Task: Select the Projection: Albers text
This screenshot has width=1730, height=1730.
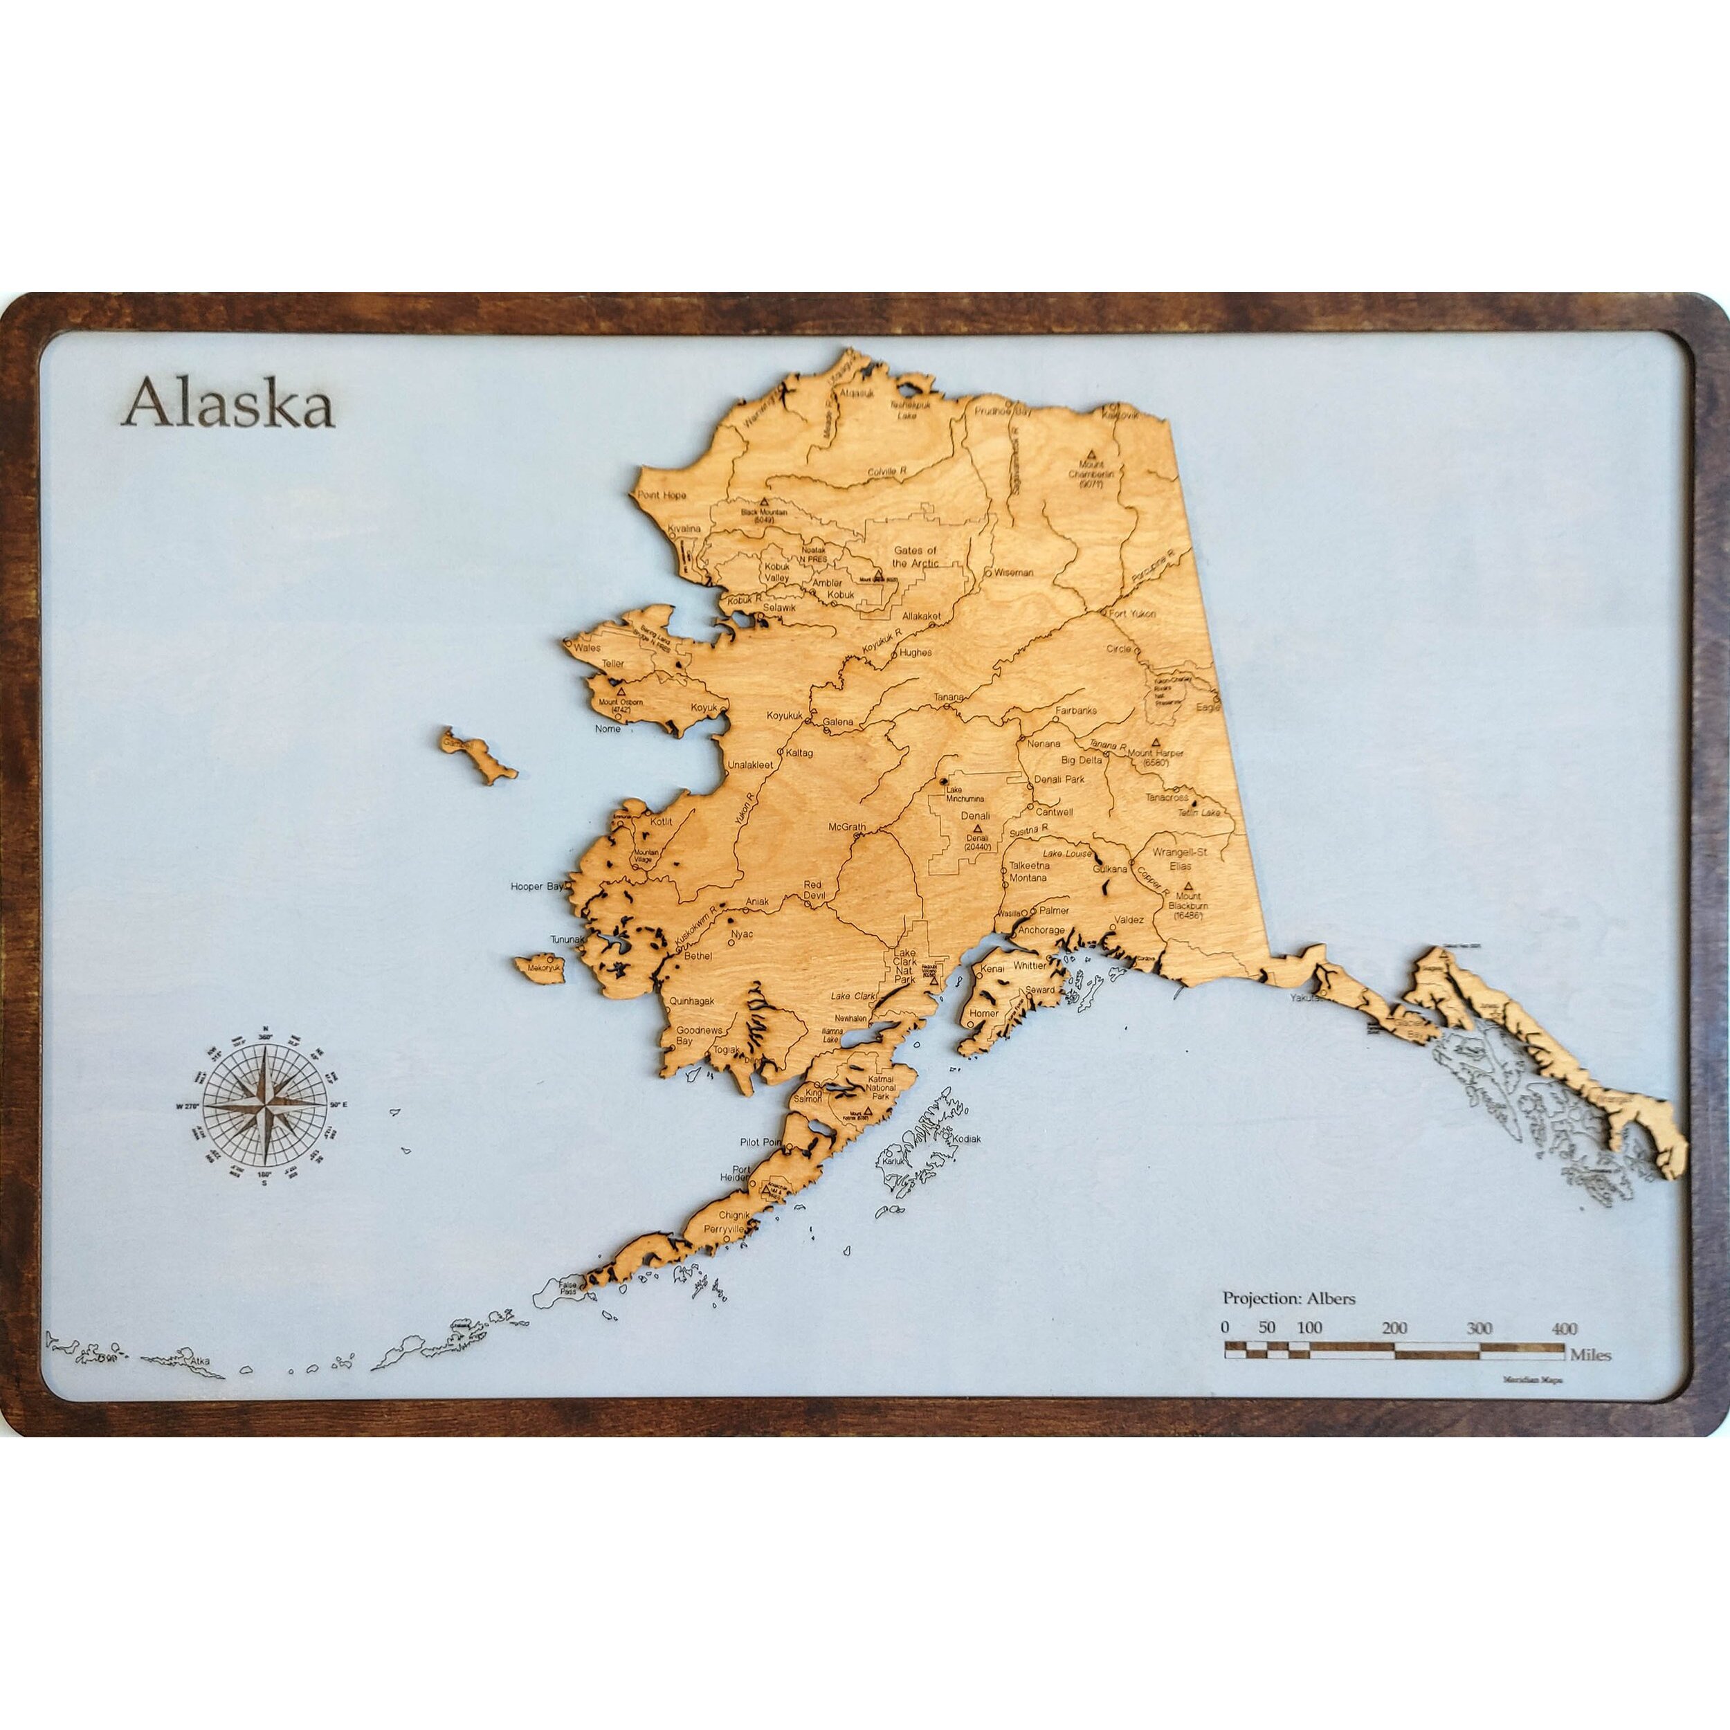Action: pyautogui.click(x=1289, y=1297)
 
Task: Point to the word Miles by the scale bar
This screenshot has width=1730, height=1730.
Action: pyautogui.click(x=1590, y=1355)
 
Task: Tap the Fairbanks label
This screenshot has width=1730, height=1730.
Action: pyautogui.click(x=1075, y=710)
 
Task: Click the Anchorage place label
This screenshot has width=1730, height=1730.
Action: pyautogui.click(x=1041, y=929)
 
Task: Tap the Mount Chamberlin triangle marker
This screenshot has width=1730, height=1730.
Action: pyautogui.click(x=1090, y=454)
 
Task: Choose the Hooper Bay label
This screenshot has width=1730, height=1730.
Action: pyautogui.click(x=536, y=886)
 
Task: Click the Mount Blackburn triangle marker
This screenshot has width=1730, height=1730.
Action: pyautogui.click(x=1188, y=884)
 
